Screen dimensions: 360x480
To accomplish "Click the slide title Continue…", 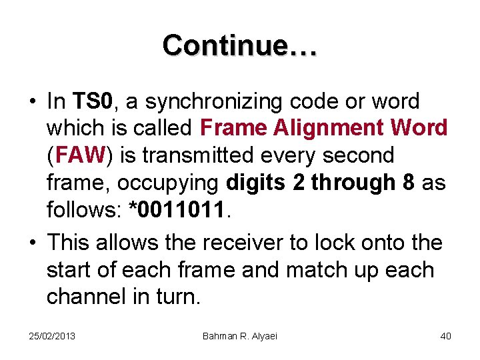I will pos(240,45).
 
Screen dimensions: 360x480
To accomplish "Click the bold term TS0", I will pos(95,101).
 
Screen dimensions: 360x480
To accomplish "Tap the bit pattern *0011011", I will pos(181,209).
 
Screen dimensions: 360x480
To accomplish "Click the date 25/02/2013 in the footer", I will pos(52,335).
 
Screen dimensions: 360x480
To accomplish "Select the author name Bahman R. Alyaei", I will pos(240,335).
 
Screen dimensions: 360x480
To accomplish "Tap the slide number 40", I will pos(445,335).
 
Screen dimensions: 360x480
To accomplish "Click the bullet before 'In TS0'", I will pos(31,102).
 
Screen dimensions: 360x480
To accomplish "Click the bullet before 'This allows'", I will pos(31,243).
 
